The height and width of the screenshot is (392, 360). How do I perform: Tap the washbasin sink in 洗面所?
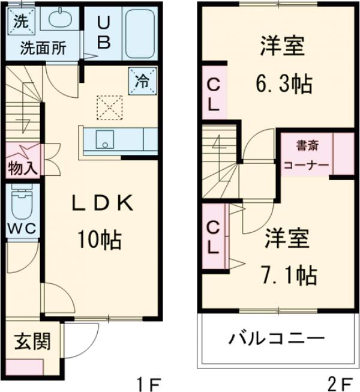(59, 20)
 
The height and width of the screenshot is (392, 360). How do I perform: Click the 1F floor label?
(148, 382)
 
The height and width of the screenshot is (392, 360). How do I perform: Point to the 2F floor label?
(340, 382)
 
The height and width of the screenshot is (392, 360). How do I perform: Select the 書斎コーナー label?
(305, 155)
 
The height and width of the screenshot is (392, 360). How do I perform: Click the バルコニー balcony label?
(276, 339)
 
